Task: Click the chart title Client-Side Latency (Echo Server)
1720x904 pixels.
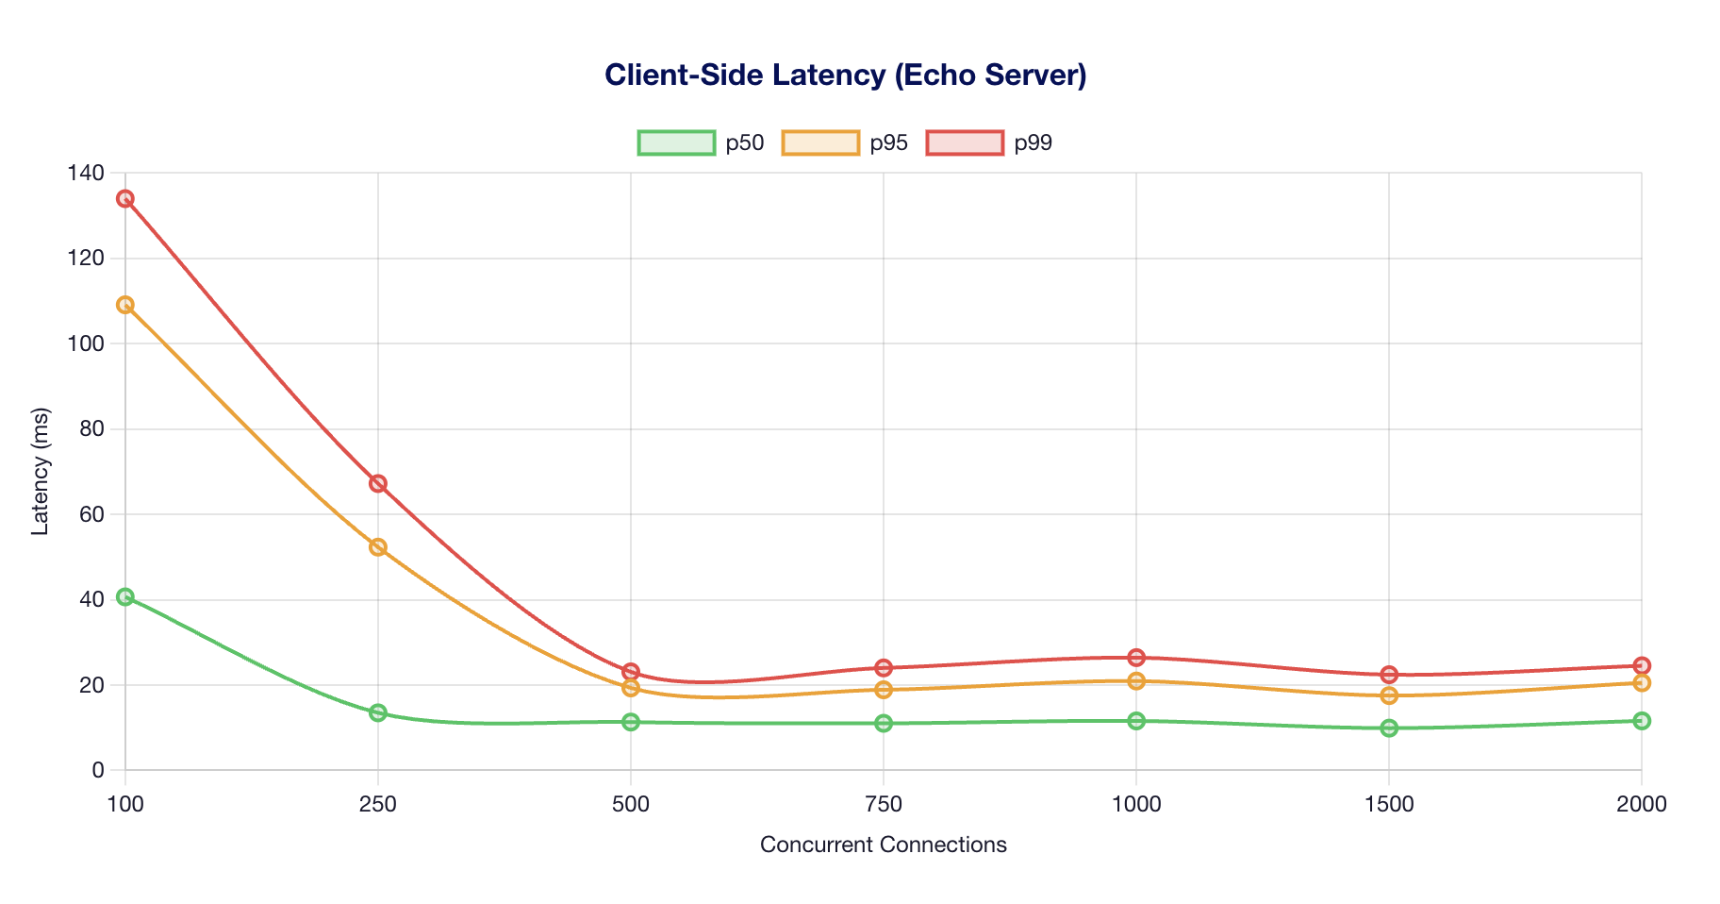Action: (845, 75)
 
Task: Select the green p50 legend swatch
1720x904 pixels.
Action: (676, 142)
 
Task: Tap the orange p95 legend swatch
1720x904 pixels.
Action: (820, 142)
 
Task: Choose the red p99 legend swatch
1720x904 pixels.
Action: (965, 142)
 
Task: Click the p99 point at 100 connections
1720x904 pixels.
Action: (125, 198)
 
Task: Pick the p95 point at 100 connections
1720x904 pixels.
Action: (125, 305)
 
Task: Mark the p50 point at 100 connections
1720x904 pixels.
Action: (125, 596)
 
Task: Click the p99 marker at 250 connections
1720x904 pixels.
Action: (378, 483)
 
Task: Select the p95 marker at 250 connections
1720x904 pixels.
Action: (378, 547)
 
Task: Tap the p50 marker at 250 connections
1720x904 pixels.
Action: (378, 712)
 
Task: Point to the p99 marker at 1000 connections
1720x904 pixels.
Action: (1136, 657)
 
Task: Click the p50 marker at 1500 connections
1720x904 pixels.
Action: (1389, 728)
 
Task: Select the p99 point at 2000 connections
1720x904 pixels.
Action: (1642, 665)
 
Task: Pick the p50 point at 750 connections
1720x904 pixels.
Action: (884, 723)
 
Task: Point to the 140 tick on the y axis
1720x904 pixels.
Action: (86, 173)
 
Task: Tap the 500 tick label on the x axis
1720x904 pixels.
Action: (631, 805)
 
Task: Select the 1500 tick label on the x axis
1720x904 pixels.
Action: (1389, 805)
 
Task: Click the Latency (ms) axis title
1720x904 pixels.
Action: (40, 472)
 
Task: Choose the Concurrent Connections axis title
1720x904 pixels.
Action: (883, 845)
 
